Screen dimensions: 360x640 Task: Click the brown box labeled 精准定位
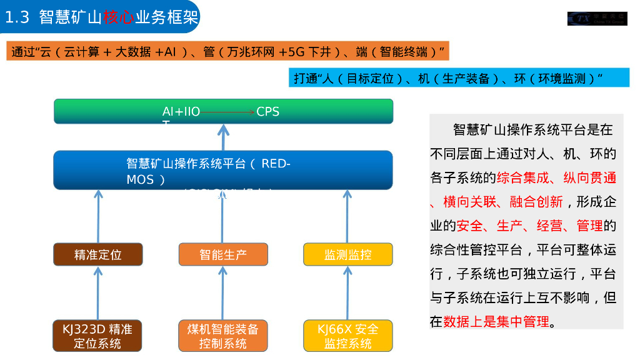point(98,254)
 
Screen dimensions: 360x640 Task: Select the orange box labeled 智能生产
point(223,254)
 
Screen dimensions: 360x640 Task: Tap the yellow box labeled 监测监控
point(348,254)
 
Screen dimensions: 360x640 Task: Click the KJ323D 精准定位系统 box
point(97,336)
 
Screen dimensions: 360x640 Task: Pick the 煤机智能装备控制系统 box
point(223,336)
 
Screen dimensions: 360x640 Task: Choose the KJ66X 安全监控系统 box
point(348,336)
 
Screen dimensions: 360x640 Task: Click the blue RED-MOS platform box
point(223,170)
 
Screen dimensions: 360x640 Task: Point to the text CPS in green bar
point(267,112)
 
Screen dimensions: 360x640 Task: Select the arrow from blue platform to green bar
point(223,137)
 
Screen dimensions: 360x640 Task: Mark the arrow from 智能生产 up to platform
point(223,216)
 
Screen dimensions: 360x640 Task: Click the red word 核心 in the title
point(118,17)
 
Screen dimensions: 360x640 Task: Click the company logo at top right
point(596,18)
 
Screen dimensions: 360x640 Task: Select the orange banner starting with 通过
point(228,51)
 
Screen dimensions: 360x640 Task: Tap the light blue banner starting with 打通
point(459,78)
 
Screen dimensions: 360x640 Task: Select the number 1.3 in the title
point(17,17)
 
